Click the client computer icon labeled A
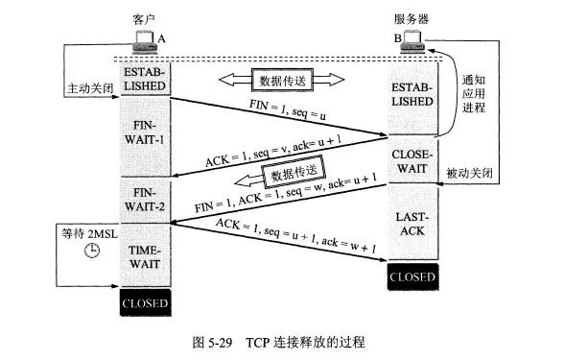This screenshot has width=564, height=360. pos(145,42)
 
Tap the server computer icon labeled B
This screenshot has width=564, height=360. pos(412,41)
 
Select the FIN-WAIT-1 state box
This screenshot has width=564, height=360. pos(145,136)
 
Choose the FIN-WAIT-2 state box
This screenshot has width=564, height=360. pos(145,200)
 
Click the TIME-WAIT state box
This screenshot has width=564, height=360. pos(145,255)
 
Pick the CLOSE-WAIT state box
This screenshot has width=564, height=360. pos(412,160)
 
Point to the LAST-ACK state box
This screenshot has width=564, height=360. pos(412,222)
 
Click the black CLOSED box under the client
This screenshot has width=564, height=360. pos(146,302)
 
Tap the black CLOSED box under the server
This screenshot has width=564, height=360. pos(412,276)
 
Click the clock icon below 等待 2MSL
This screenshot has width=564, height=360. pos(92,251)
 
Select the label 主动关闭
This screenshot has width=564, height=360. pos(90,88)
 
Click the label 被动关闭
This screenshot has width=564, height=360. pos(469,173)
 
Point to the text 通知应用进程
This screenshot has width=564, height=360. pos(474,94)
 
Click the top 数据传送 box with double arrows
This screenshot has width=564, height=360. pos(282,81)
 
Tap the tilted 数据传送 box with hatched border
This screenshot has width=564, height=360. pos(294,172)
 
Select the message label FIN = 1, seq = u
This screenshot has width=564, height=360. pos(288,109)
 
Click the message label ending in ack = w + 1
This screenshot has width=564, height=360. pos(296,235)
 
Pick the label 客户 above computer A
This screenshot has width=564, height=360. pos(144,19)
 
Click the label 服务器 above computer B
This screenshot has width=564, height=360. pos(411,19)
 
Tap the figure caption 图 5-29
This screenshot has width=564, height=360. pos(212,342)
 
